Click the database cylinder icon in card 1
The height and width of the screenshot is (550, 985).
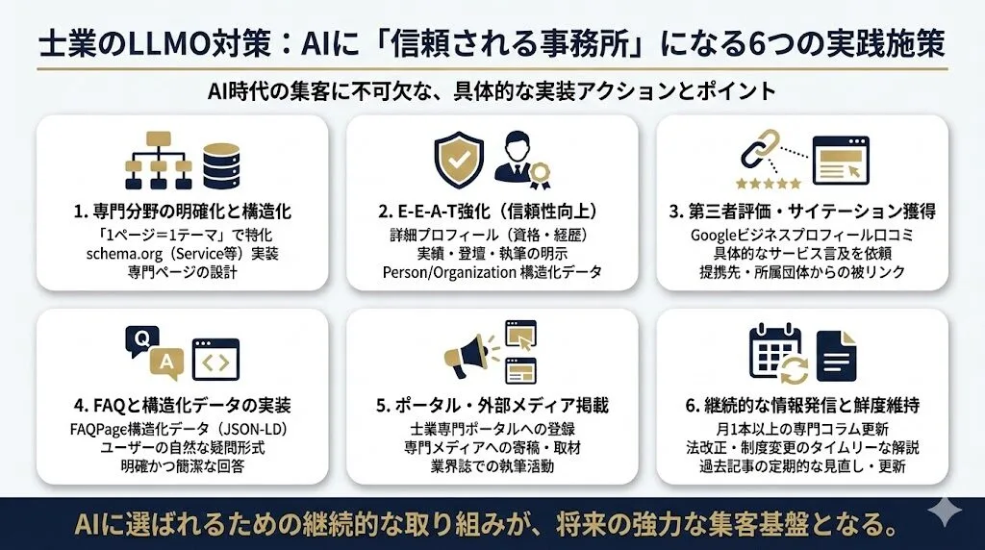pos(221,166)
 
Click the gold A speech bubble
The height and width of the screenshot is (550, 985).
pos(166,362)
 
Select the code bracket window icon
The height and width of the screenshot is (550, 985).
pos(215,360)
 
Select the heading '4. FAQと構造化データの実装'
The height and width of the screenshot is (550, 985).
pos(181,405)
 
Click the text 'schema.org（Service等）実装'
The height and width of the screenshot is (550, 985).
pos(181,253)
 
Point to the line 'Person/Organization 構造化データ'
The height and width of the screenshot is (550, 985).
pos(492,272)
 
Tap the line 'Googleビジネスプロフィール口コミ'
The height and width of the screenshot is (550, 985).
pos(801,235)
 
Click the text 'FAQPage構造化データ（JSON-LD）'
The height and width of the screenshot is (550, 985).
pos(181,428)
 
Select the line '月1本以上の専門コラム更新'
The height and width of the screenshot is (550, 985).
pos(801,428)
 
